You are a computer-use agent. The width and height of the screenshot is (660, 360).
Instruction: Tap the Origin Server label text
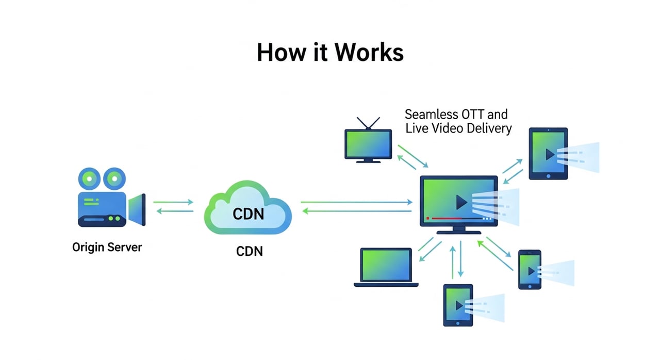(107, 247)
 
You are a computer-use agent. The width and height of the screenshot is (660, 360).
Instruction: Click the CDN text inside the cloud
(248, 213)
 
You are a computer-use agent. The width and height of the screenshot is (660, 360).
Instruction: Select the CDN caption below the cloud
(249, 251)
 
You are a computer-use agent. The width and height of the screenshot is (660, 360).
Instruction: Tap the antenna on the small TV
(368, 123)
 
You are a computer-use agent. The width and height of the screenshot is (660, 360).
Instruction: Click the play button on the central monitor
(461, 202)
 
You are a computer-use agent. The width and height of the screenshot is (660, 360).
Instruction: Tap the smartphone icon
(530, 269)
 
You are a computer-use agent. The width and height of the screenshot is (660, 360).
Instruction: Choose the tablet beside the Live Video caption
(548, 153)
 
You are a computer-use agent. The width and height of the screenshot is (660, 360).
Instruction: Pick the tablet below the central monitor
(458, 305)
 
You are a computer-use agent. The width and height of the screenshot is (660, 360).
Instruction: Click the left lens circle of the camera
(89, 178)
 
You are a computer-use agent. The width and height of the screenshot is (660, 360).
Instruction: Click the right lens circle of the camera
(115, 178)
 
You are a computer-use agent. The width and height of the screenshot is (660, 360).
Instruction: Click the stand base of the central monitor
(459, 232)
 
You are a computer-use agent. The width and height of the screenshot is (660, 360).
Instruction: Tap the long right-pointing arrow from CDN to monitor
(356, 202)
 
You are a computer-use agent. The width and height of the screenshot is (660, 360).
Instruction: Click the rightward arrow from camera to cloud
(173, 202)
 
